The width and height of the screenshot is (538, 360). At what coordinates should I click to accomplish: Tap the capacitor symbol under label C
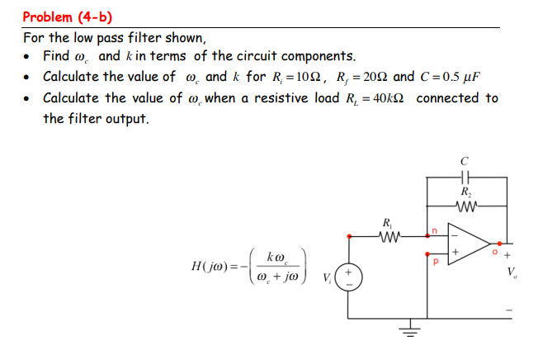(466, 177)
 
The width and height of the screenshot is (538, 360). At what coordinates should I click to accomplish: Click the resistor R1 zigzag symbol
(388, 236)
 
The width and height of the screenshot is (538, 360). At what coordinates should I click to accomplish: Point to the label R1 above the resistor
(388, 221)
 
